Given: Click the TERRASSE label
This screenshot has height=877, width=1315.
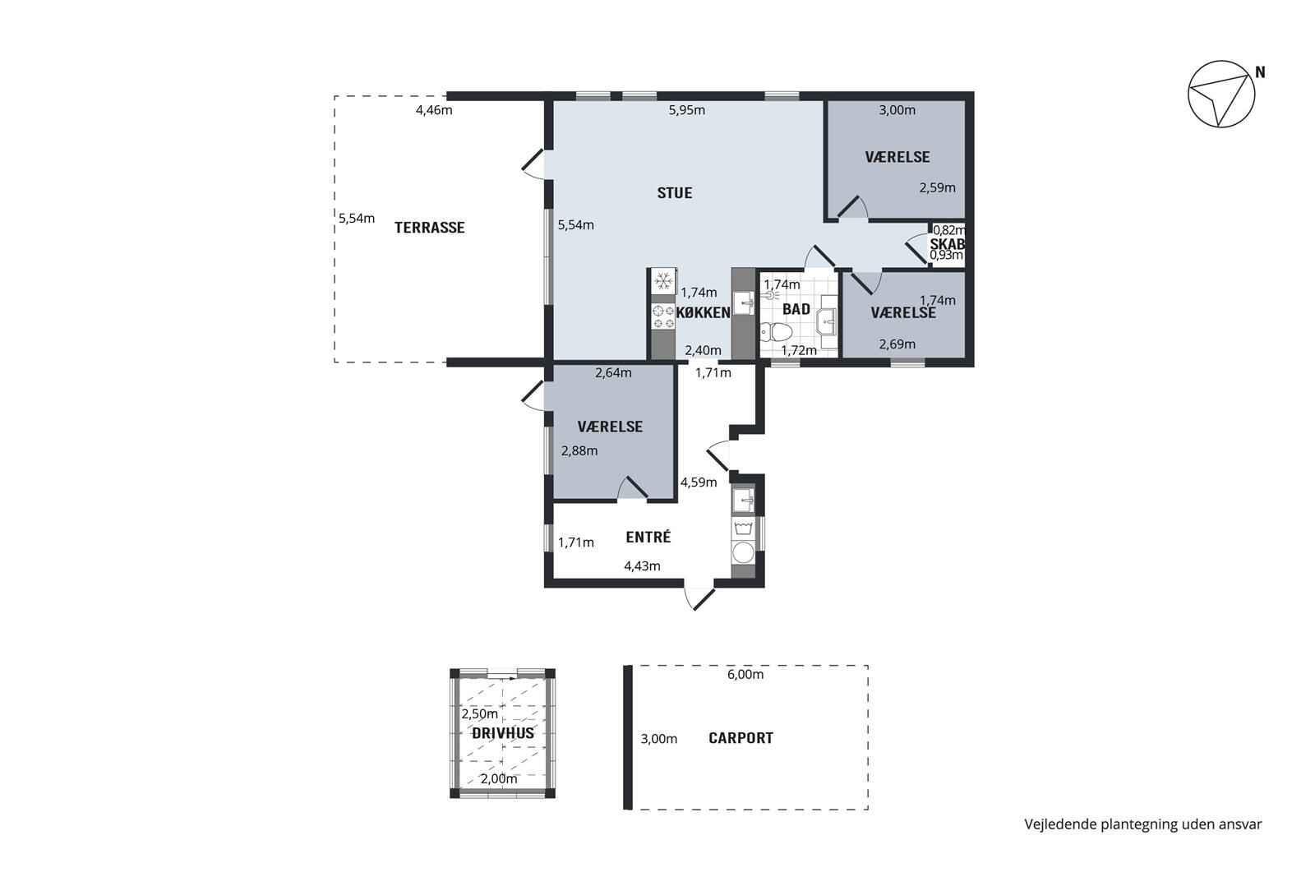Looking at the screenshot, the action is coord(429,228).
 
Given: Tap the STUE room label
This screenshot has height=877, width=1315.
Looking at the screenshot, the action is coord(675,193).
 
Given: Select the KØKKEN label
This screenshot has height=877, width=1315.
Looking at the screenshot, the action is coord(704,313).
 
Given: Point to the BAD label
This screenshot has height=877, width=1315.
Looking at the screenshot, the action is coord(796,309).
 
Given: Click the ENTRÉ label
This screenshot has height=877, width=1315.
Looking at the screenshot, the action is coord(648,537).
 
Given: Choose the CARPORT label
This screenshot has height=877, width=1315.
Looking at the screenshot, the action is coord(741,738).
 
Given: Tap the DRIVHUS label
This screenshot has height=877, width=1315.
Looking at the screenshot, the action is coord(503,733).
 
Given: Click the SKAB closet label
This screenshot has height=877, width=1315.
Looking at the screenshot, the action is coord(947,243).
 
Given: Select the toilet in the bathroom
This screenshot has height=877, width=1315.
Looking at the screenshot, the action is coord(776,332).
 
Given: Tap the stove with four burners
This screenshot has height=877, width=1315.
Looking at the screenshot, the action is coord(663,317).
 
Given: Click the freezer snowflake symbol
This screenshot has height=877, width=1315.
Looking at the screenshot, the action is coord(663,281).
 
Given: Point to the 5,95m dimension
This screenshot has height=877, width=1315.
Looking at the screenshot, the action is coord(687,110).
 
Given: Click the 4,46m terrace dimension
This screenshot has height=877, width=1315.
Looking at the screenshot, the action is coord(434,110).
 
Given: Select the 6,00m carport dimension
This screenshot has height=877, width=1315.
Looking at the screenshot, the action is coord(745,675).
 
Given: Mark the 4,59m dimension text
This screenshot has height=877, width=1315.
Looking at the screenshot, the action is coord(699,482).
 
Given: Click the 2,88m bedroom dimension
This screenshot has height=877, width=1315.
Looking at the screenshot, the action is coord(579,450).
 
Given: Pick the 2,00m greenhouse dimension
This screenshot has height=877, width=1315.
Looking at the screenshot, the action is coord(499,779).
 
